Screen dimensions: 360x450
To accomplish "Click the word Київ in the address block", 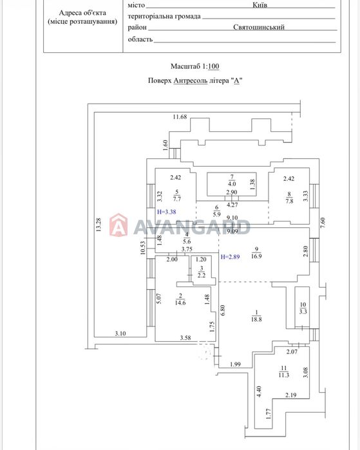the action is [260, 5].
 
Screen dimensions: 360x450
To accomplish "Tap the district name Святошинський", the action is [259, 27].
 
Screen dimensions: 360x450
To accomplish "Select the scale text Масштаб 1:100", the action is [195, 66].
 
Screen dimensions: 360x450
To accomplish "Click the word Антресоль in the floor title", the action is [191, 80].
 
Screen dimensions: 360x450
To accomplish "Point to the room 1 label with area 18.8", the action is [256, 315].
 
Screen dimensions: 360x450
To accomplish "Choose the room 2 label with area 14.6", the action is [180, 299].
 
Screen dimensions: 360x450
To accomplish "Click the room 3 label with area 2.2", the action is [202, 272].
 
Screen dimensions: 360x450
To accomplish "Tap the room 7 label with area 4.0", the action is [232, 180].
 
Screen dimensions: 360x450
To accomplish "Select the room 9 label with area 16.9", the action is [256, 252].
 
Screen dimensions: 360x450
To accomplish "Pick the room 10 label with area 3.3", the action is [303, 308].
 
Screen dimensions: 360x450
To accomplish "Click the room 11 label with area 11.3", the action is [283, 371].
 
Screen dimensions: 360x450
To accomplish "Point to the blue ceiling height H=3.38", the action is [167, 212].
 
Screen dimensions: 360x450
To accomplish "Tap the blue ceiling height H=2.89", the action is [230, 257].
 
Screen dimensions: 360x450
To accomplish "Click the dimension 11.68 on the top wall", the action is [180, 117].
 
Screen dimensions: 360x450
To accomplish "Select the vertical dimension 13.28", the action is [99, 225].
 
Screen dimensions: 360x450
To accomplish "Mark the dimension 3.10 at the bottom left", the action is [120, 333].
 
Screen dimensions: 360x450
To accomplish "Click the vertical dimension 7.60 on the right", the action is [323, 223].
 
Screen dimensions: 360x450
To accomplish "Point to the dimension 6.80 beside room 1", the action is [222, 310].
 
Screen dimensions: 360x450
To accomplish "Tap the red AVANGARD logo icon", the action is [118, 225].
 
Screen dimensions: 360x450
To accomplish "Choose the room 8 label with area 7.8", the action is [289, 198].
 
